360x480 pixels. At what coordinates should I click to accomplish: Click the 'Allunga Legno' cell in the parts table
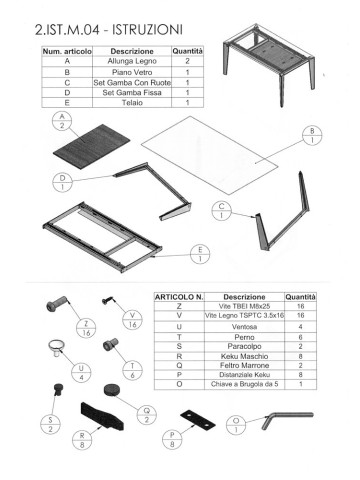(131, 61)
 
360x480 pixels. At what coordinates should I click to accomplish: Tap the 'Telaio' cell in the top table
(131, 101)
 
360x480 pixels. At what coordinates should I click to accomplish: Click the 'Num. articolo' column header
(65, 49)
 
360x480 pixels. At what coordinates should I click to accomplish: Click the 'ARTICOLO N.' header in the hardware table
(179, 297)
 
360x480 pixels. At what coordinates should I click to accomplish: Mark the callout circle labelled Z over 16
(87, 331)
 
